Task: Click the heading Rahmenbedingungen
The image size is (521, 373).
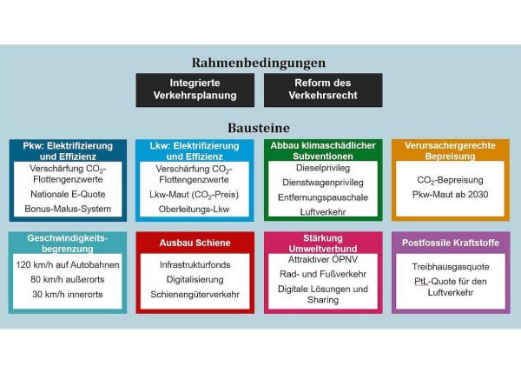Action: tap(259, 63)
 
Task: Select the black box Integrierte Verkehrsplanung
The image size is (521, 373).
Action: tap(195, 90)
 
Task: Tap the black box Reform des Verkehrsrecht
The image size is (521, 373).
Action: tap(323, 90)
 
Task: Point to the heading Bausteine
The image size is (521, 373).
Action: tap(259, 128)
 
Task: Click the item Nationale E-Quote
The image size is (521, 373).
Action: tap(68, 194)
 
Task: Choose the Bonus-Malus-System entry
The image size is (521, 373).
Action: tap(68, 209)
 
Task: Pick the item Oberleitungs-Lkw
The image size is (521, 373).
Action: tap(194, 209)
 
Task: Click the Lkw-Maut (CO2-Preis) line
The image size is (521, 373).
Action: tap(194, 195)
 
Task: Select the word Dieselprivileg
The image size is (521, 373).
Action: tap(323, 168)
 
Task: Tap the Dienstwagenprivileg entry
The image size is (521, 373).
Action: tap(323, 183)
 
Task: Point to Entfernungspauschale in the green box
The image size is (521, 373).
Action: tap(323, 197)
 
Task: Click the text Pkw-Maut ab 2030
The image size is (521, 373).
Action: tap(450, 194)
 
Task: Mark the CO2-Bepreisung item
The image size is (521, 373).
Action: tap(450, 180)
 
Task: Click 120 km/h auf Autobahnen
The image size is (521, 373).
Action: tap(68, 265)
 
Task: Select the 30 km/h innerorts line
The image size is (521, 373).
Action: tap(68, 294)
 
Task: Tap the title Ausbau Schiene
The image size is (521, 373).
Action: tap(195, 243)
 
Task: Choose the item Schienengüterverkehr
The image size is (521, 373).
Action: tap(195, 295)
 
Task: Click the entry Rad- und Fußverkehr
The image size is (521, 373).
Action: tap(323, 274)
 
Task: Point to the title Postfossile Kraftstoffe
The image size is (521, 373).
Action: tap(451, 243)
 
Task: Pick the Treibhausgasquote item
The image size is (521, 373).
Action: tap(451, 267)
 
